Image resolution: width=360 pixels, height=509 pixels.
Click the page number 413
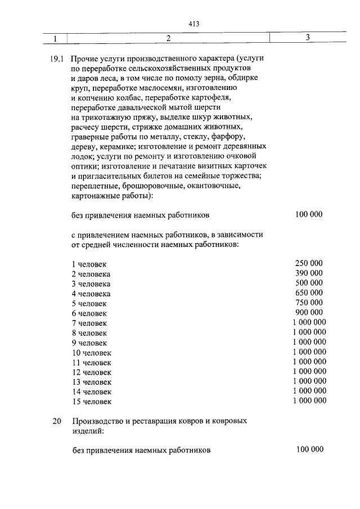[x=195, y=24]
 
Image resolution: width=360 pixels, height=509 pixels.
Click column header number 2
[x=168, y=39]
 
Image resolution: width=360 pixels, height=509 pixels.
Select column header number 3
[x=308, y=38]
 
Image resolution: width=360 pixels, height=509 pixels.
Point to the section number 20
[x=56, y=421]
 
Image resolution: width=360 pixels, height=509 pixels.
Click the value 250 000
[x=309, y=263]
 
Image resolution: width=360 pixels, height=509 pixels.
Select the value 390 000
[x=309, y=273]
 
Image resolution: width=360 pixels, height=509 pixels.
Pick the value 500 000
[x=309, y=283]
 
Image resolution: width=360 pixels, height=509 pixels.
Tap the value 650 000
[x=309, y=293]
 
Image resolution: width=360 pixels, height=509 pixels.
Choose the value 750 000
[x=309, y=303]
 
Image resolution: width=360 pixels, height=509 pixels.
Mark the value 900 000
[x=309, y=313]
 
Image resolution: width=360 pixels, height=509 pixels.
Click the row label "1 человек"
[x=89, y=264]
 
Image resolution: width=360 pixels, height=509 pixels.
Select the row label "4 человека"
[x=91, y=294]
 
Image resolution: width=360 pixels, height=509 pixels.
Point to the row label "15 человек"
[x=92, y=402]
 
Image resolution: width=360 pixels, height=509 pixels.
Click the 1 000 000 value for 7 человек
[x=309, y=322]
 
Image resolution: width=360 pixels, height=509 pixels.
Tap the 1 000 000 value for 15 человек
[x=309, y=401]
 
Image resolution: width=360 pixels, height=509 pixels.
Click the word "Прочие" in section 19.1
[x=86, y=58]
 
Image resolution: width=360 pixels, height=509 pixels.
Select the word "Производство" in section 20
[x=98, y=421]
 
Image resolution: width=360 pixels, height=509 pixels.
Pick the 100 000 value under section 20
[x=309, y=449]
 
